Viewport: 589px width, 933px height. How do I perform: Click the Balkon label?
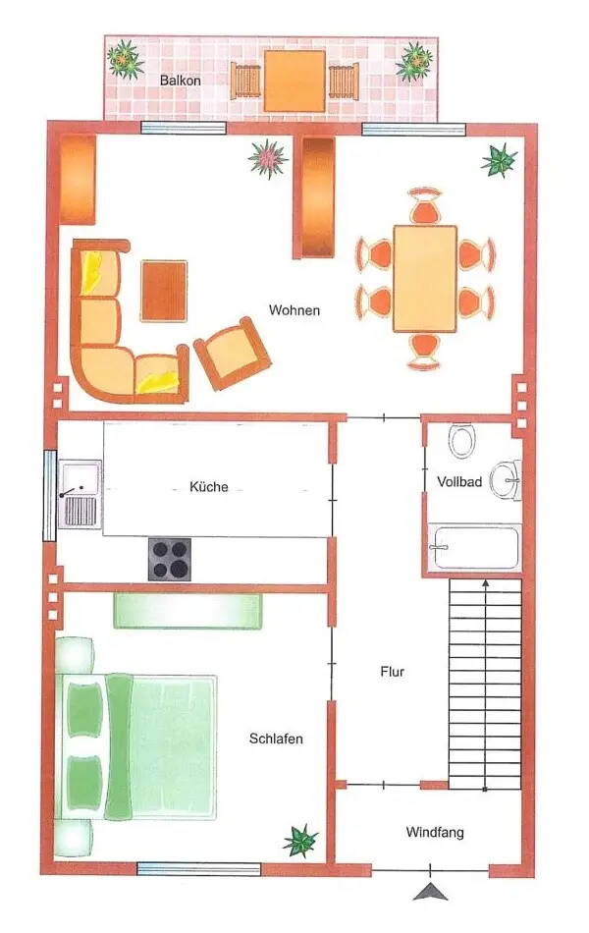tap(180, 80)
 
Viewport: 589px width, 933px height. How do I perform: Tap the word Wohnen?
tap(294, 310)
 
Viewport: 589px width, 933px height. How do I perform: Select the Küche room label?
tap(209, 487)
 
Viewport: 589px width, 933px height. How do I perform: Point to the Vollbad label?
tap(459, 482)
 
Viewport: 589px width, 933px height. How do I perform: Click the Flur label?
tap(392, 672)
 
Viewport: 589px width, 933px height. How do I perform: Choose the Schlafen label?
tap(276, 739)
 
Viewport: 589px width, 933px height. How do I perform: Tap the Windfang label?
tap(435, 832)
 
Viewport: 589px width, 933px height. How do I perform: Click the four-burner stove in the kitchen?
tap(170, 560)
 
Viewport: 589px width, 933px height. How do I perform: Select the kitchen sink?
tap(80, 494)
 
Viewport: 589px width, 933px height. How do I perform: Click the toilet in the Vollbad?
tap(461, 440)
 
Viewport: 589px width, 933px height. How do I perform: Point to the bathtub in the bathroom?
tap(475, 547)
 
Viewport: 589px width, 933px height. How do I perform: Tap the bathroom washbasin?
tap(506, 479)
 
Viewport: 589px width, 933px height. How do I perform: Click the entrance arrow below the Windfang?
tap(430, 891)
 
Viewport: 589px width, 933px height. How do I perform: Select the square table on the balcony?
tap(294, 81)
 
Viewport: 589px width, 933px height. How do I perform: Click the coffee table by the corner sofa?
tap(164, 291)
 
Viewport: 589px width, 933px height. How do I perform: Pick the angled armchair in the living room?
tap(233, 354)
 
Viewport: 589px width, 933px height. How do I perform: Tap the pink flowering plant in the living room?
tap(268, 159)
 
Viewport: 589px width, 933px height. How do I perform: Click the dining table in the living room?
tap(425, 279)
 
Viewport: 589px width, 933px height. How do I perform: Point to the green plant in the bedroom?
tap(301, 840)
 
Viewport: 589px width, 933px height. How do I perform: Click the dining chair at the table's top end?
tap(425, 206)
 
